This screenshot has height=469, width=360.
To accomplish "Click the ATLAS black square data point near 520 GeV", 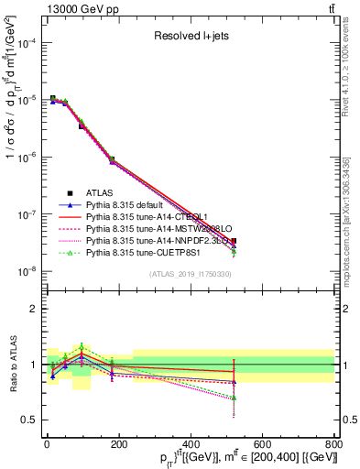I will tap(234, 241).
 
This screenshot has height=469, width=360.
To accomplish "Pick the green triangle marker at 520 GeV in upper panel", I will tap(234, 251).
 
